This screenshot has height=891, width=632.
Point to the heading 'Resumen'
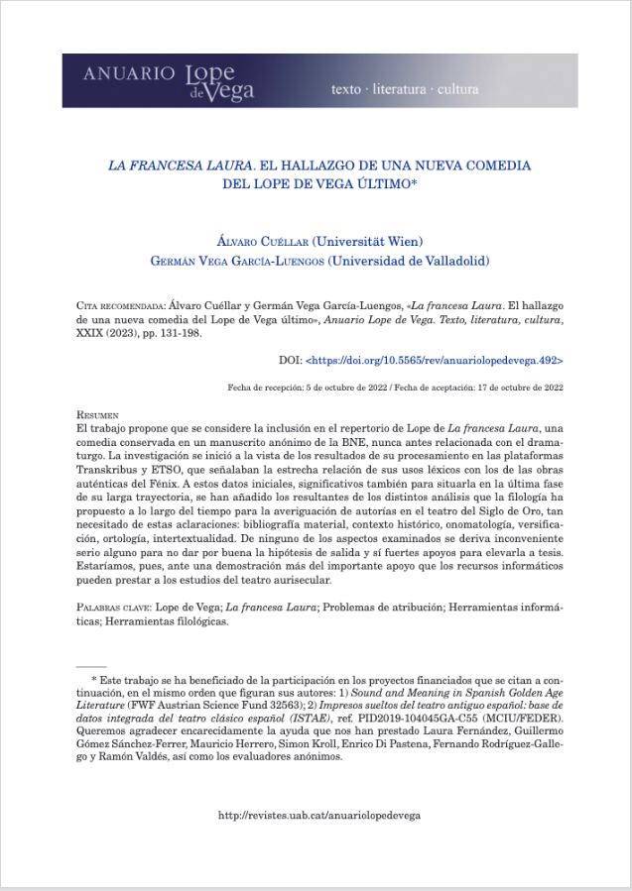(97, 413)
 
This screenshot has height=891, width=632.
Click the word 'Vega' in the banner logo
(234, 91)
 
